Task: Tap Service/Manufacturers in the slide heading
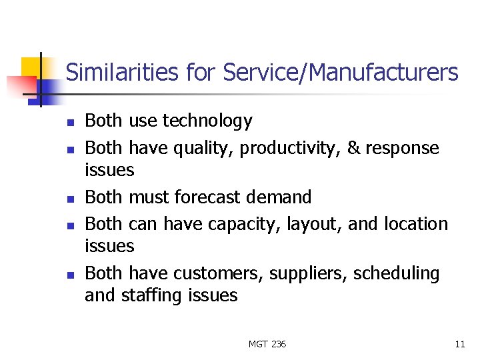(341, 72)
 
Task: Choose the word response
(403, 148)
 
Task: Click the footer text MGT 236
(267, 344)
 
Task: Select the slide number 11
(459, 344)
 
